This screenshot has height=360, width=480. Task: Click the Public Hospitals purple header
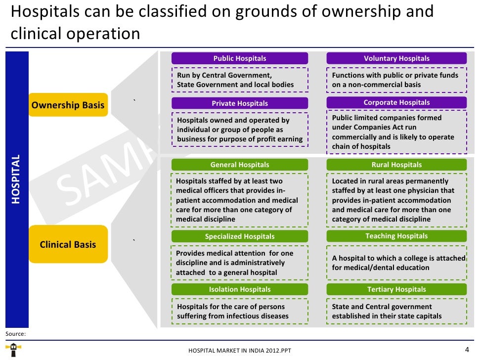239,58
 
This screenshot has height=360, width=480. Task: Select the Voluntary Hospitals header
396,58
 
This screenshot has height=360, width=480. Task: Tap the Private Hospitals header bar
239,103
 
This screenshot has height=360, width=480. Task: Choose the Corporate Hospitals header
396,103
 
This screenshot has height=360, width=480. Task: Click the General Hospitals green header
239,165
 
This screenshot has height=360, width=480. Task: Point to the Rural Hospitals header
396,165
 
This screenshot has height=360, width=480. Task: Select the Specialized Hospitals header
239,236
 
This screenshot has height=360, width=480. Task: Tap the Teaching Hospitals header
396,236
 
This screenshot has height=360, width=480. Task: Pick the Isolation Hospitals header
239,289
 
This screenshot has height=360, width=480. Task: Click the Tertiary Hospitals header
396,289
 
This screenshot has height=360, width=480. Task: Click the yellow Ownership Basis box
68,105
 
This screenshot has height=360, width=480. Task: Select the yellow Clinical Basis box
68,244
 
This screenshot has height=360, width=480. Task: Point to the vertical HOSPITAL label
16,179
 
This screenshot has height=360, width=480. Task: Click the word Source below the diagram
15,334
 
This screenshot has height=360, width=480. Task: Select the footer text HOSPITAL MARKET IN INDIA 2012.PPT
240,351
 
